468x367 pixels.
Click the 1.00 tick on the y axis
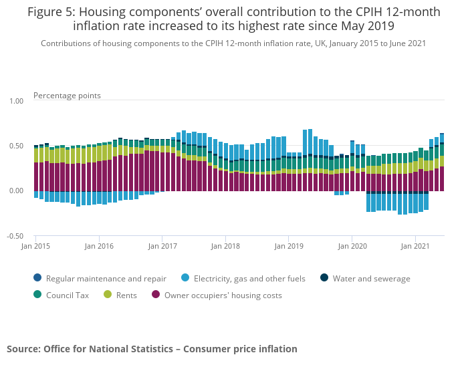click(15, 101)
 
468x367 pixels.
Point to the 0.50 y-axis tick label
click(15, 146)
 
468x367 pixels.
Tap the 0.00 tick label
click(15, 191)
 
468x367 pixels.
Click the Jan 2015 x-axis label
click(35, 246)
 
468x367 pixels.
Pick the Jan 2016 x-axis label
click(98, 246)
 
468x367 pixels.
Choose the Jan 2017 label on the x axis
click(162, 246)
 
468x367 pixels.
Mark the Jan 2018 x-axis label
click(225, 246)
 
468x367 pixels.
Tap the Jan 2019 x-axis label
click(288, 246)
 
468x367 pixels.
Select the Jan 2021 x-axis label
click(415, 246)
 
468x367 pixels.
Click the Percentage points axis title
click(67, 96)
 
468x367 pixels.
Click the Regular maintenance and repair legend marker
click(37, 279)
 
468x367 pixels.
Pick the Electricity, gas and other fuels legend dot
click(185, 279)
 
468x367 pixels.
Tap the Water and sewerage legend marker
click(324, 279)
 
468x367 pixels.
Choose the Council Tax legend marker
click(37, 295)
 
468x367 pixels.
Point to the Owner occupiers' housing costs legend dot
click(156, 295)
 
